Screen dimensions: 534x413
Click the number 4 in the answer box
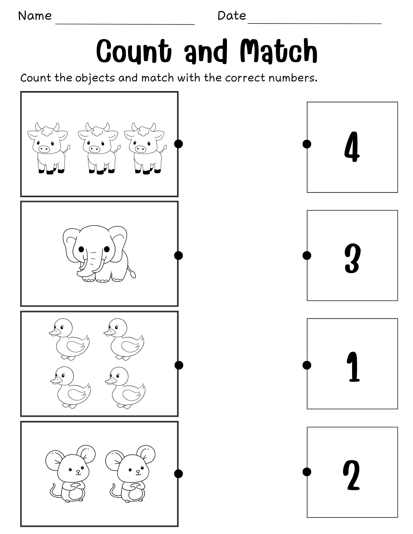[x=352, y=147]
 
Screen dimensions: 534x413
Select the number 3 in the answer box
[x=352, y=258]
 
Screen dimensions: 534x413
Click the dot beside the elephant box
[x=178, y=256]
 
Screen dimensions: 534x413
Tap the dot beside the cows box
[x=178, y=144]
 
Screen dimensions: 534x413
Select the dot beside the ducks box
[x=179, y=365]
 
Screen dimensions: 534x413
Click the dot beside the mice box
[x=178, y=474]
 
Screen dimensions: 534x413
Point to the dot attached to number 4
[x=307, y=144]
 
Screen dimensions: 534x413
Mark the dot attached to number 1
[x=307, y=365]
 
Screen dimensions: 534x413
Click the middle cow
[x=98, y=148]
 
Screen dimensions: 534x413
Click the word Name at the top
[x=35, y=16]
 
